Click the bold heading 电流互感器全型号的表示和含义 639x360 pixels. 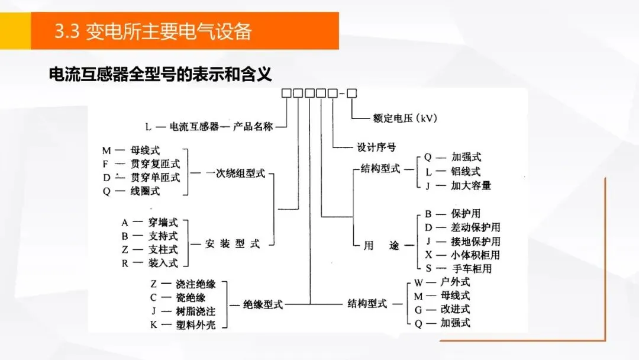[x=160, y=75]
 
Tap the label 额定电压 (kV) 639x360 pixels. [x=405, y=118]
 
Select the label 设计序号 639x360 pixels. [x=376, y=147]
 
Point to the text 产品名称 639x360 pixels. [x=253, y=126]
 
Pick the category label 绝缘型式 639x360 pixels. [x=263, y=305]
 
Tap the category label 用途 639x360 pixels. [x=377, y=246]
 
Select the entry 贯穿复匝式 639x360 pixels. [x=155, y=163]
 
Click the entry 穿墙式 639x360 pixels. [x=162, y=223]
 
